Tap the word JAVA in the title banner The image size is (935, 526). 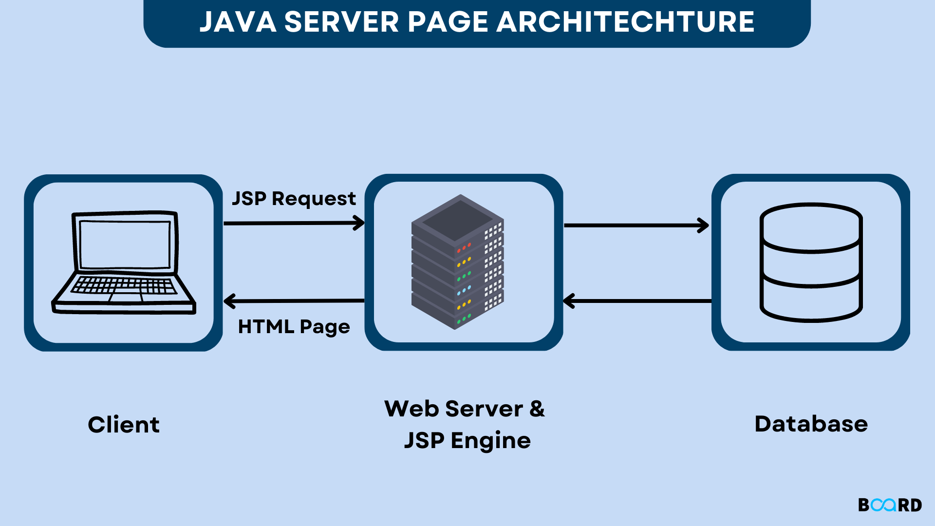coord(238,22)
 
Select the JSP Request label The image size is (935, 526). coord(294,199)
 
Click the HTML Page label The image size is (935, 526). coord(294,326)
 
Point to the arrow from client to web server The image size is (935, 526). coord(294,223)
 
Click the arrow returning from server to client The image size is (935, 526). coord(294,301)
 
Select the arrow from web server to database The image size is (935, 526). coord(636,225)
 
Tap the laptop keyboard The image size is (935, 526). coord(124,285)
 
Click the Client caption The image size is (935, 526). coord(124,425)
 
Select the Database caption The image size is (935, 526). coord(811,424)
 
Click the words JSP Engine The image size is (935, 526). coord(467,441)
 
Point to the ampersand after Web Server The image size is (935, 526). coord(537,409)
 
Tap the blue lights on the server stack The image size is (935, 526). coord(464,290)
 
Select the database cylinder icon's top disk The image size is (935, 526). coord(811,218)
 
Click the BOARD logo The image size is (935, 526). coord(890,505)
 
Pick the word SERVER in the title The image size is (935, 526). coord(341,22)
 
